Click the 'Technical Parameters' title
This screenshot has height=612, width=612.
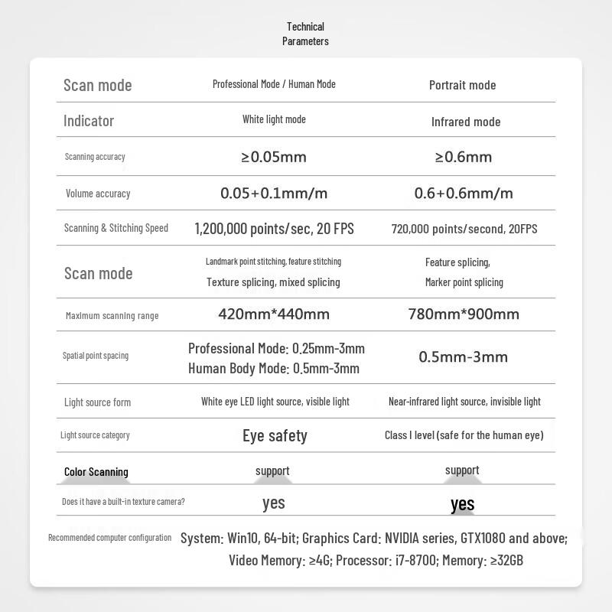click(305, 34)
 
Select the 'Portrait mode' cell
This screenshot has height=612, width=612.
click(462, 85)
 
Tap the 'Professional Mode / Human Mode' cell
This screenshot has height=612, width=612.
click(274, 84)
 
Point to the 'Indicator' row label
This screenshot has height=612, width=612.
click(89, 121)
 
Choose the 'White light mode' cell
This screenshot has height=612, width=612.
click(274, 119)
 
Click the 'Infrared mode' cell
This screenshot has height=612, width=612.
click(465, 122)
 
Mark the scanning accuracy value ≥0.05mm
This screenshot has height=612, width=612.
click(274, 157)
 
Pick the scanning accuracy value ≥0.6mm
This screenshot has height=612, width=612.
click(464, 157)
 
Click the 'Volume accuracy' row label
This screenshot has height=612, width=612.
click(98, 194)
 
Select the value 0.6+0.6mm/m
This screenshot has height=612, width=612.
click(464, 193)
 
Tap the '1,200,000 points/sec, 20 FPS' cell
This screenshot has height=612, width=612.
click(274, 229)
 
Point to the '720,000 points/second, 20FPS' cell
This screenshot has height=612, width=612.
click(464, 229)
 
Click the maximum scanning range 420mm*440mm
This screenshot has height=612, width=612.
click(274, 314)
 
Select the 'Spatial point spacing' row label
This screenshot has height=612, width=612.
click(96, 356)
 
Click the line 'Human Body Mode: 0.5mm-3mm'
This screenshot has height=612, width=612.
click(274, 369)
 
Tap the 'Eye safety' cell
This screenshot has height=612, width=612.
click(275, 436)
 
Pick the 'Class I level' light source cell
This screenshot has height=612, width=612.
click(464, 435)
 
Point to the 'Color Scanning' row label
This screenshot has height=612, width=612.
click(96, 472)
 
